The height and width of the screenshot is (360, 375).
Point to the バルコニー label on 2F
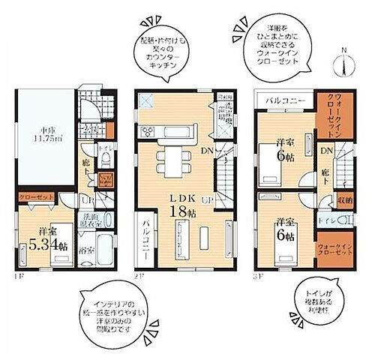point(142,244)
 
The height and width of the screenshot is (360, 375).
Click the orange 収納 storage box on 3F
point(346,201)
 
